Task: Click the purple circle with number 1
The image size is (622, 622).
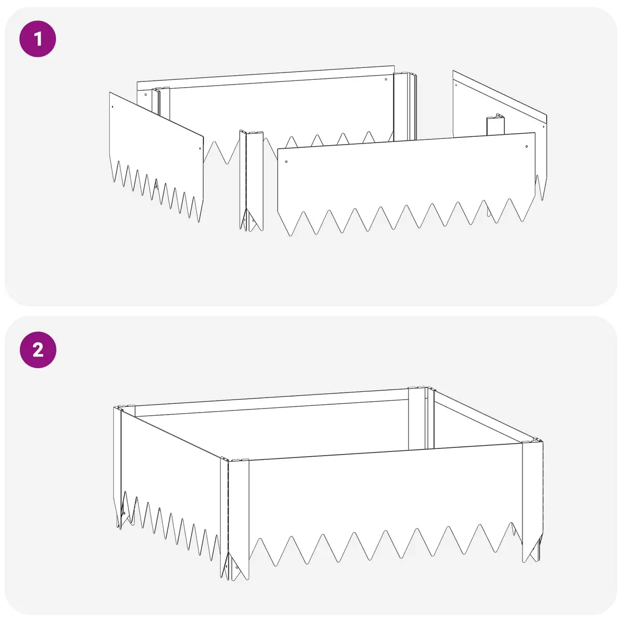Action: (38, 39)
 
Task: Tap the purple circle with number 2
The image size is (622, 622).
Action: (38, 350)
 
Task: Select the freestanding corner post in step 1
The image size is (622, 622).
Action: (251, 181)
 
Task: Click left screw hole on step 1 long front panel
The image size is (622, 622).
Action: (286, 162)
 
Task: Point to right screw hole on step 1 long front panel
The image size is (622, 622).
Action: (527, 147)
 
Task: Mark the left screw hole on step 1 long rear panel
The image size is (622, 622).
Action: (146, 94)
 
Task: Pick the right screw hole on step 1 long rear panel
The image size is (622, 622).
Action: (386, 79)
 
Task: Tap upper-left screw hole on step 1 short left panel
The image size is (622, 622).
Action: (112, 106)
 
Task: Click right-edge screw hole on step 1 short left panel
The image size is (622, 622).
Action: (200, 149)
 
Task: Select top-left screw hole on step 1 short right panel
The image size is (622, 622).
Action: (456, 85)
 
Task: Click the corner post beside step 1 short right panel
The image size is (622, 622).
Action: (496, 124)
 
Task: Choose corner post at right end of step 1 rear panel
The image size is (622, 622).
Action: (405, 107)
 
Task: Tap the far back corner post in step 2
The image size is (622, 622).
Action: (421, 418)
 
